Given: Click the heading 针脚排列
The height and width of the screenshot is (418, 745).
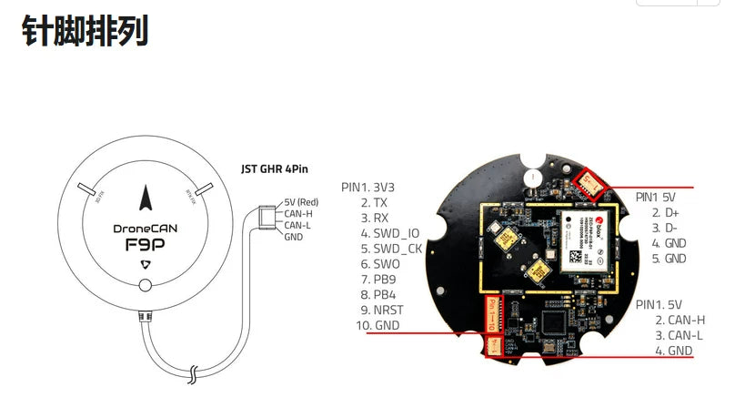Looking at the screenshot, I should point(84,32).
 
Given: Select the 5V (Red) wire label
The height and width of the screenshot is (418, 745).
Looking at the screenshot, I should point(301,201).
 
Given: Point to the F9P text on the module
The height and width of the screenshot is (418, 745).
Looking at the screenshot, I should point(146,245).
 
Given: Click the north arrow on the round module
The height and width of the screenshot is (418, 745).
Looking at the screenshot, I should point(146,197).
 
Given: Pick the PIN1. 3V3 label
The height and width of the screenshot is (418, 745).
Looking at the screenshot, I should point(367,187).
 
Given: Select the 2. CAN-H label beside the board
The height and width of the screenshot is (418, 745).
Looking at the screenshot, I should point(680,320).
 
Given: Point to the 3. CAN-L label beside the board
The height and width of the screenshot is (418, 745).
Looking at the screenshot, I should point(680,335).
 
